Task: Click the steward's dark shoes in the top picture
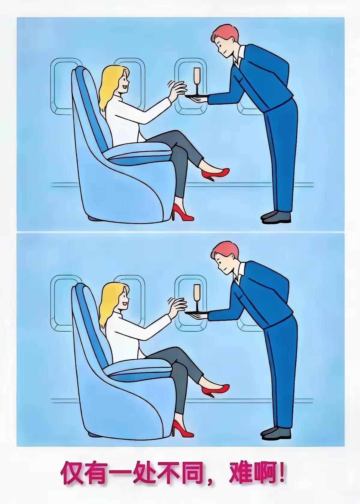click(276, 217)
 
